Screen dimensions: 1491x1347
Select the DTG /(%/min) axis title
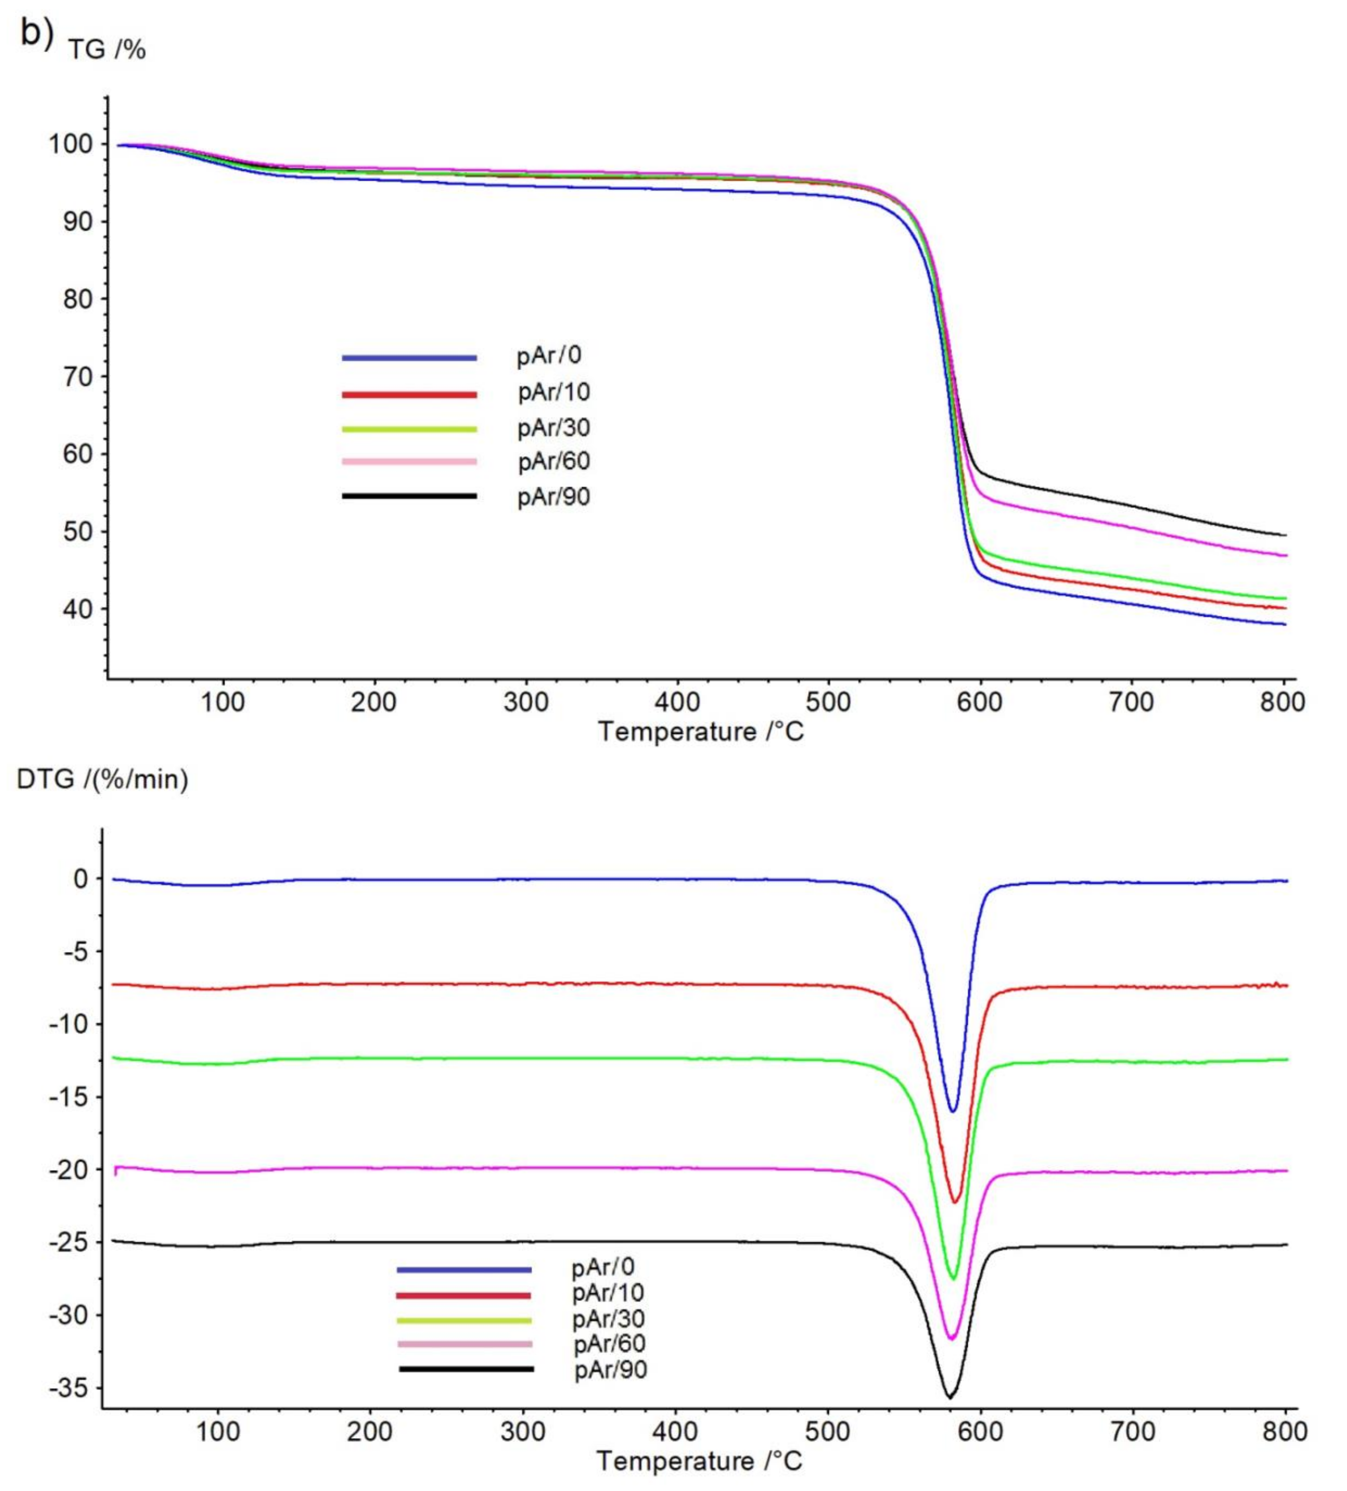point(102,779)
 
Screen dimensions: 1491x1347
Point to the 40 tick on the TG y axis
point(78,609)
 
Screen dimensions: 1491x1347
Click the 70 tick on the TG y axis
point(78,376)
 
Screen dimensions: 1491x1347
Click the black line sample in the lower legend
point(466,1369)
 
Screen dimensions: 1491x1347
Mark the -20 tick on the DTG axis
point(68,1169)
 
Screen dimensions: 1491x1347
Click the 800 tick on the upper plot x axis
point(1282,702)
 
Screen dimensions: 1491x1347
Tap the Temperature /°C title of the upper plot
point(700,732)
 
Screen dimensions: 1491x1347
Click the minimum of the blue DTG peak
point(953,1111)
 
